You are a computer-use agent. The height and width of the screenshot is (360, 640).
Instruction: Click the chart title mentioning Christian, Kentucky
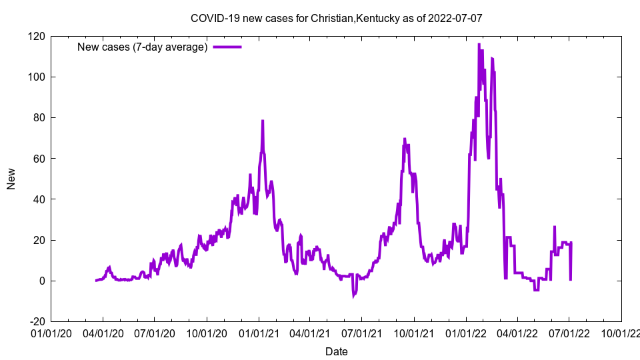click(336, 18)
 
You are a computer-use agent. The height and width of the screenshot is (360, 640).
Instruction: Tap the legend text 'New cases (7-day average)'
click(143, 47)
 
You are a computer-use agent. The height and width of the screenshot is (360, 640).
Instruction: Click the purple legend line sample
click(227, 47)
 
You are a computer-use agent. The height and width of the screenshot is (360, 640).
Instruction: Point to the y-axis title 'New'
click(11, 179)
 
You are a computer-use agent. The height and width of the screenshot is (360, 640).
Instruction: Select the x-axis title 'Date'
click(336, 351)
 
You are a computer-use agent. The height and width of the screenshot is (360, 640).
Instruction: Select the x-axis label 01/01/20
click(51, 331)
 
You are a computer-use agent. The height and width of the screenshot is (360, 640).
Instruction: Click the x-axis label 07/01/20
click(155, 331)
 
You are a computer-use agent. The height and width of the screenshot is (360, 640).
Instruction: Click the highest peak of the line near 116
click(479, 45)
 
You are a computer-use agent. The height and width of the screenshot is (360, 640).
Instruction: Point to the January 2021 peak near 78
click(263, 121)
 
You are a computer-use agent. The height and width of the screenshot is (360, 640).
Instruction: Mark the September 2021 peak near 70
click(405, 139)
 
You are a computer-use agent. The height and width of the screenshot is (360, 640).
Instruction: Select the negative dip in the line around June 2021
click(354, 295)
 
